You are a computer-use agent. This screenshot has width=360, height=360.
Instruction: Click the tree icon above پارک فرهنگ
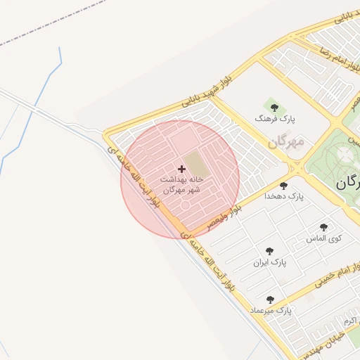pos(274,108)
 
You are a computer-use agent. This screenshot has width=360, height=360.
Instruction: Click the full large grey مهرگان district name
pos(286,142)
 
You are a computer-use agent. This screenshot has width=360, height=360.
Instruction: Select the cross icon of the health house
pos(182,169)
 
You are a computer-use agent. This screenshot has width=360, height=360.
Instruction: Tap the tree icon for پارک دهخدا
pos(283,186)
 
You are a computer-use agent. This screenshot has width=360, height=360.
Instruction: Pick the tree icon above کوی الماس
pos(323,227)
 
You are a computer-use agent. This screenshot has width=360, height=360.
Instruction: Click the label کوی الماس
pos(323,238)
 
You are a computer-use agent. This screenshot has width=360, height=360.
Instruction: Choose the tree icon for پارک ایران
pos(269,251)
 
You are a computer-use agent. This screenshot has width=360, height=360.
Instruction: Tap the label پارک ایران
pos(270,262)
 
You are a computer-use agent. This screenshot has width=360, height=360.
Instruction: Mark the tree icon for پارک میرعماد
pos(270,300)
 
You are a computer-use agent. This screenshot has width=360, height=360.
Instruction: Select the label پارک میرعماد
pos(270,310)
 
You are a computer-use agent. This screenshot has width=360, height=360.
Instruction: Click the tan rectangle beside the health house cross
pos(198,165)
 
